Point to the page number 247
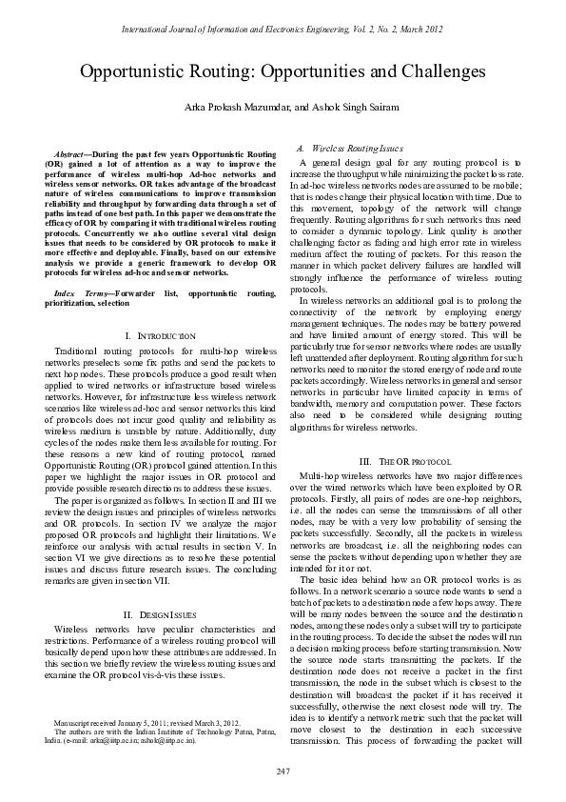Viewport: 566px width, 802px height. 283,770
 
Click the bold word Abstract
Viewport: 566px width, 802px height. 69,153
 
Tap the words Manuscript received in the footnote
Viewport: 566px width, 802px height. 88,723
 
